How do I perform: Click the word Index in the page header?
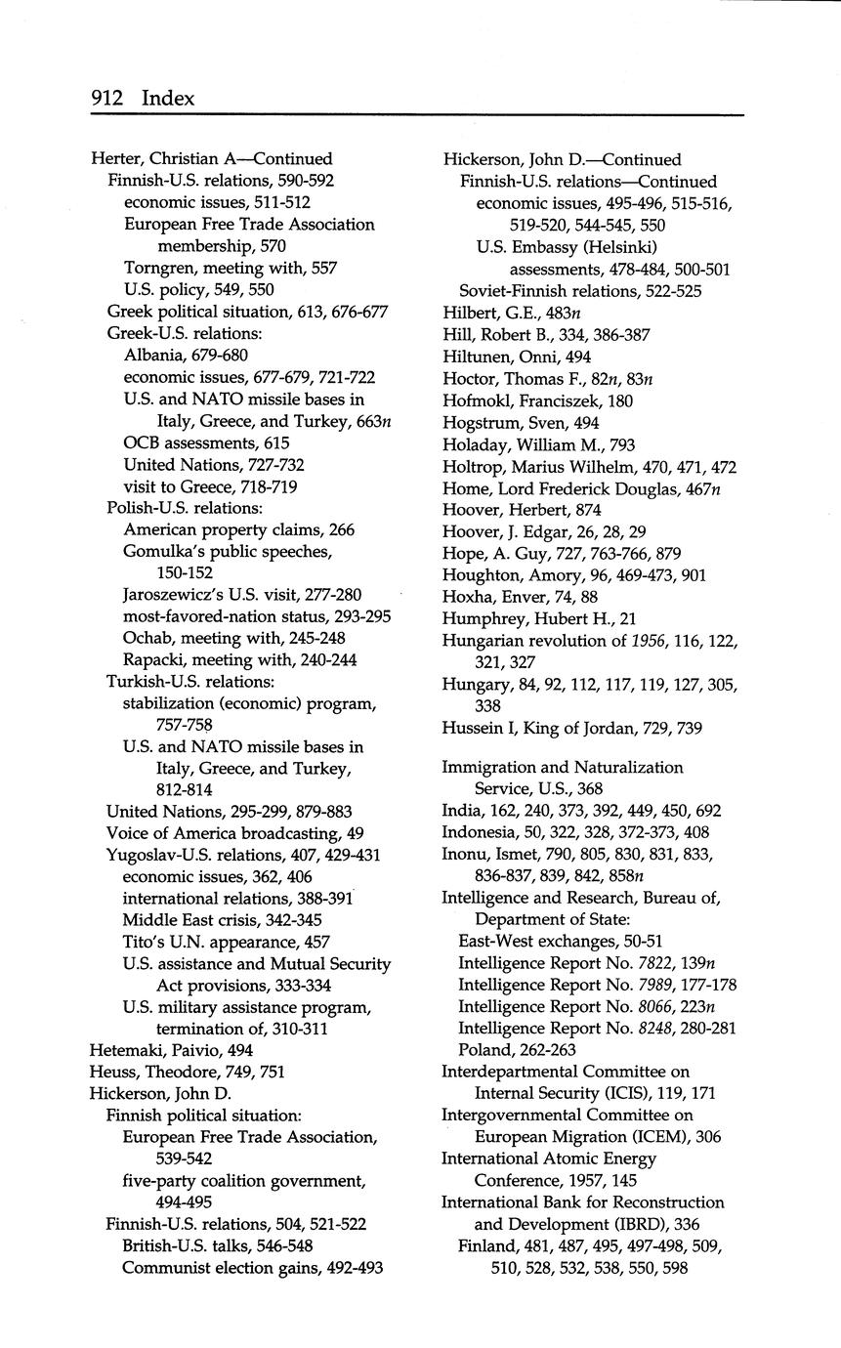pos(168,99)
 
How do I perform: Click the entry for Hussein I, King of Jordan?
pos(584,728)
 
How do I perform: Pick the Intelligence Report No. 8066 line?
pos(587,1006)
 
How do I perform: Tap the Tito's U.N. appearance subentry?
pos(226,942)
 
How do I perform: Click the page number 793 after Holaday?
pos(622,444)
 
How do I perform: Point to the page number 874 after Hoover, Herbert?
pos(588,510)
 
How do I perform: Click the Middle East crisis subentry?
pos(222,920)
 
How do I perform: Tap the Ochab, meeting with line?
pos(233,638)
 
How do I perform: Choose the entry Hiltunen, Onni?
pos(517,358)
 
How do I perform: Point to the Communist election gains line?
pos(252,1268)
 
